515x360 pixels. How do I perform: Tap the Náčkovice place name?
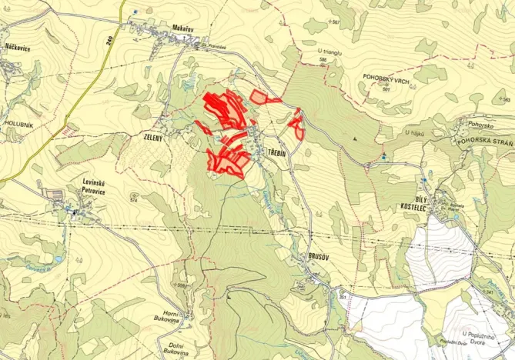[17, 47]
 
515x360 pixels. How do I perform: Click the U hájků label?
[416, 132]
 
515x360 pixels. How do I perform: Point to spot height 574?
[134, 201]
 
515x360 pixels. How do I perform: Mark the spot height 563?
[507, 100]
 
